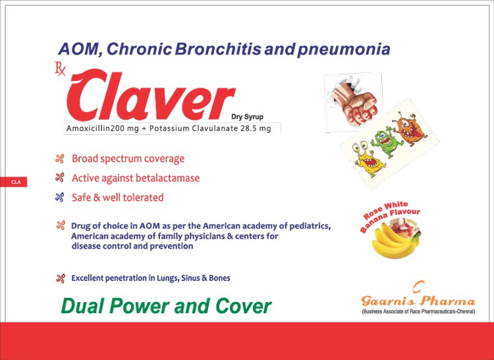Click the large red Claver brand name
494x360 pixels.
pyautogui.click(x=151, y=95)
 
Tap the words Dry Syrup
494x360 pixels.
pyautogui.click(x=247, y=116)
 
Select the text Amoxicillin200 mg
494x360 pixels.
pyautogui.click(x=102, y=128)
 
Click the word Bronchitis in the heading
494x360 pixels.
pyautogui.click(x=218, y=49)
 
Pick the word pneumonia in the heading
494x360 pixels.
pyautogui.click(x=343, y=50)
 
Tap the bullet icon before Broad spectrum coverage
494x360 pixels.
pyautogui.click(x=59, y=159)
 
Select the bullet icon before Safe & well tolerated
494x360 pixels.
pyautogui.click(x=59, y=197)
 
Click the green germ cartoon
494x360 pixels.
pyautogui.click(x=387, y=143)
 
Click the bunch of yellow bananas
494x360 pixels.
pyautogui.click(x=395, y=242)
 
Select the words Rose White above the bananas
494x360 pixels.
pyautogui.click(x=385, y=210)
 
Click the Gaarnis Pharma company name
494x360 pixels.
pyautogui.click(x=418, y=301)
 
